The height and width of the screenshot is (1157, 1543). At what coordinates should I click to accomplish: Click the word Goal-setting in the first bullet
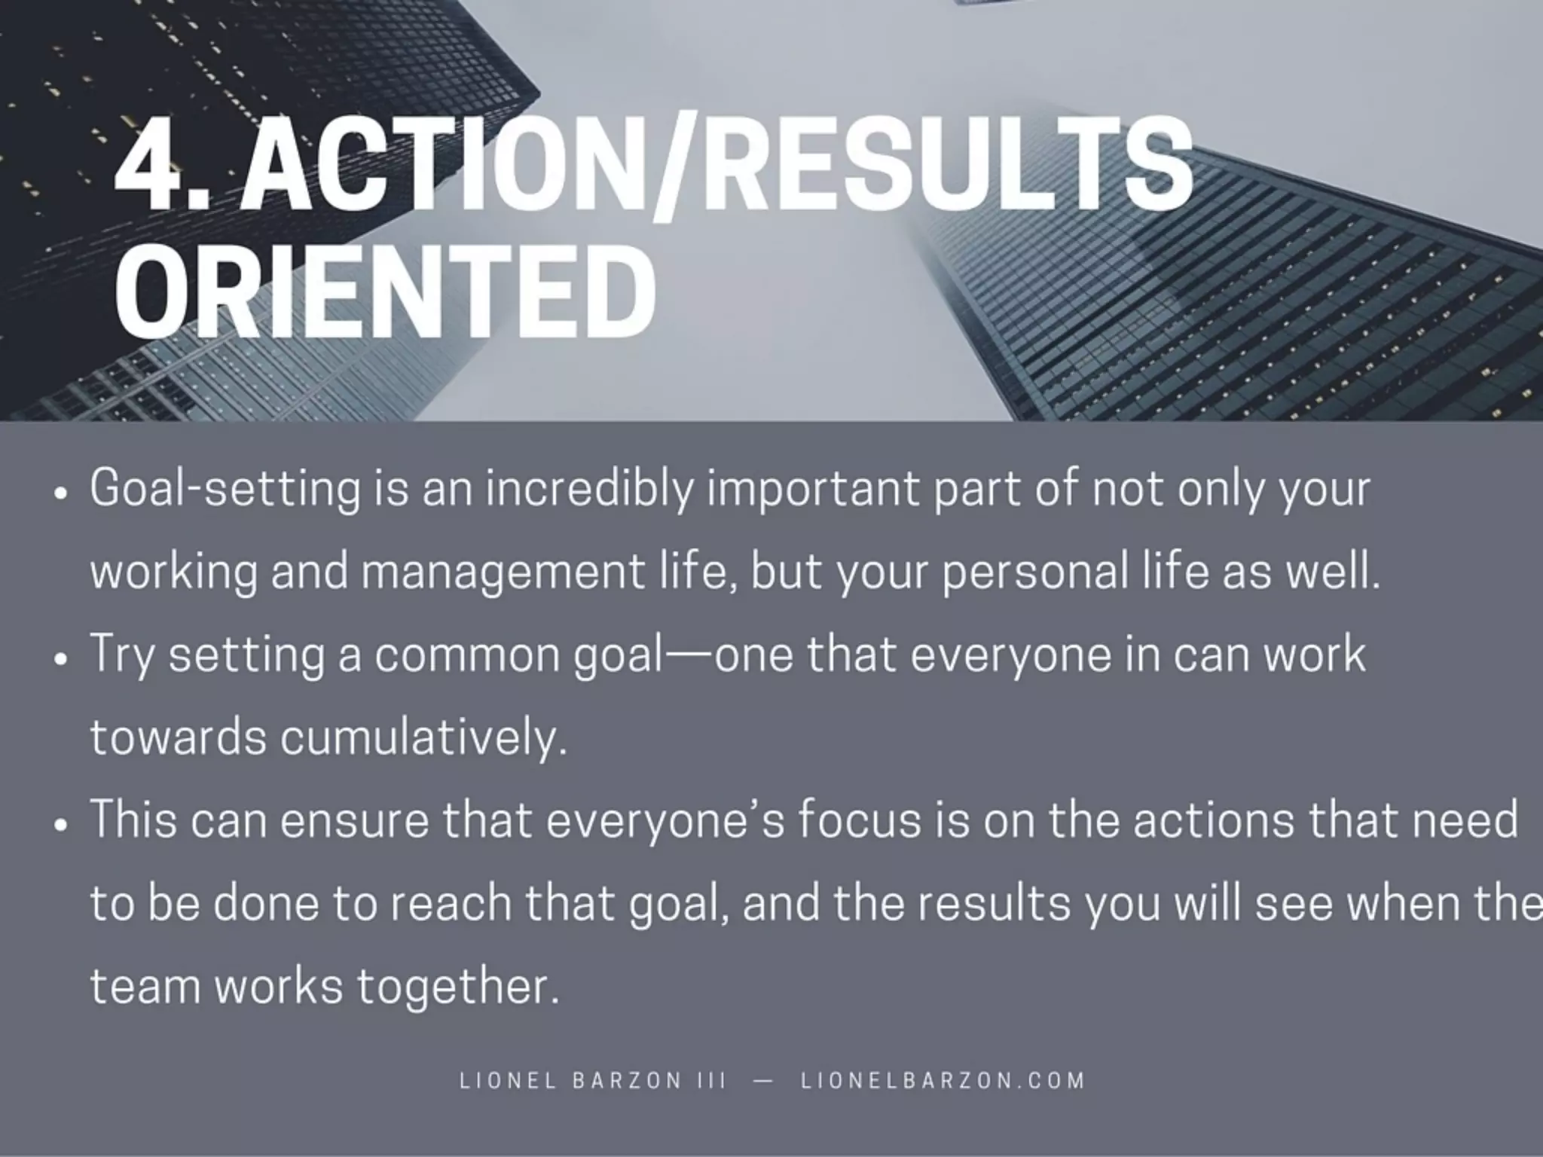(225, 490)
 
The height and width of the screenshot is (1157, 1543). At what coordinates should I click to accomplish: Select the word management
(502, 572)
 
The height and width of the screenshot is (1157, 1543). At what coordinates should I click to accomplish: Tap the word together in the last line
(458, 986)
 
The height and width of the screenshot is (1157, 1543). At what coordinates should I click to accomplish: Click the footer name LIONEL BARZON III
(593, 1081)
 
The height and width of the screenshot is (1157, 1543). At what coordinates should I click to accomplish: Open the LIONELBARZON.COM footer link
(943, 1081)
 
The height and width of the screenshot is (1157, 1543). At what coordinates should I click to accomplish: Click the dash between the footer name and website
(762, 1081)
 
